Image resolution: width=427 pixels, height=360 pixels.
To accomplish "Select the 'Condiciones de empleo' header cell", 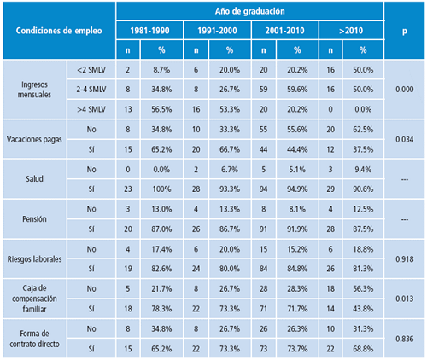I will [57, 31].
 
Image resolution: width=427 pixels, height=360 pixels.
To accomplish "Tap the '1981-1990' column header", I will [149, 31].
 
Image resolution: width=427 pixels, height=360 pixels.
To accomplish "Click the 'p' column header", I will [405, 31].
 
